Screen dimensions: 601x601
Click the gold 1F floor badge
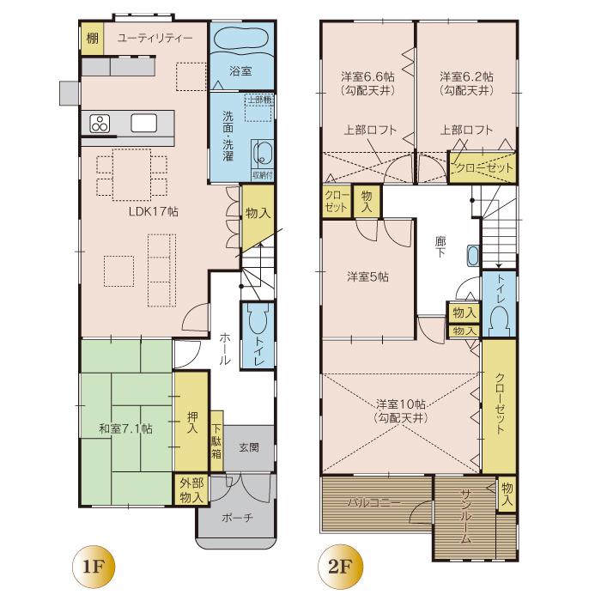pyautogui.click(x=89, y=568)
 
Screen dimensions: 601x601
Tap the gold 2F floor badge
pyautogui.click(x=337, y=568)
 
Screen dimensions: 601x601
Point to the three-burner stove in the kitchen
pyautogui.click(x=100, y=123)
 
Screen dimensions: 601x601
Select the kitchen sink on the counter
pyautogui.click(x=144, y=123)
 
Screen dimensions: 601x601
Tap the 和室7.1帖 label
pyautogui.click(x=125, y=428)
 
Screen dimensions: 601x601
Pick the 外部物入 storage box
pyautogui.click(x=191, y=489)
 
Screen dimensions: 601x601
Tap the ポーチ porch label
pyautogui.click(x=237, y=518)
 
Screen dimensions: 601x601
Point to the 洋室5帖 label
pyautogui.click(x=368, y=276)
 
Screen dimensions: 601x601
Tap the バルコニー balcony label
pyautogui.click(x=374, y=502)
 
